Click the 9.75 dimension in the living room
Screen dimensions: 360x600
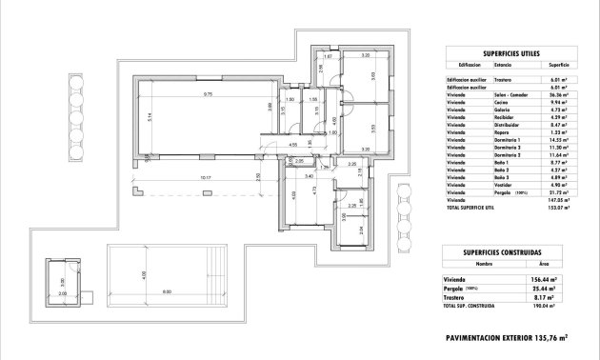click(x=206, y=93)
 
